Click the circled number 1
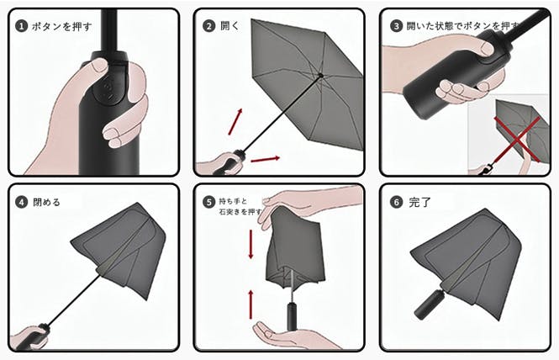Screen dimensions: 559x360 click(x=21, y=26)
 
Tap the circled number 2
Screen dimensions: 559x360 click(x=209, y=26)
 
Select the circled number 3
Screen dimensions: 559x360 click(x=396, y=26)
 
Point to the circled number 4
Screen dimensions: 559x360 click(x=21, y=203)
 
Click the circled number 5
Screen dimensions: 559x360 click(x=209, y=203)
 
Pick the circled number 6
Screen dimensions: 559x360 click(x=396, y=203)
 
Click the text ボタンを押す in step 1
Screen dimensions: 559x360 click(x=61, y=26)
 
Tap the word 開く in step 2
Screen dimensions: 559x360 click(x=230, y=26)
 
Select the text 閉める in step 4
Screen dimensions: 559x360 click(x=47, y=203)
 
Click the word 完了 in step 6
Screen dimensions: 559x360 click(x=419, y=203)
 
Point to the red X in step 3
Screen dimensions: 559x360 click(x=517, y=139)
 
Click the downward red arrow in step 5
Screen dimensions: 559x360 click(x=251, y=245)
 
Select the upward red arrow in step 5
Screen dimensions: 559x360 click(x=251, y=304)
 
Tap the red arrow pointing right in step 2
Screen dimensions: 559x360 click(x=266, y=159)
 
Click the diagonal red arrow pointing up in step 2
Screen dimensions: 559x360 click(x=235, y=122)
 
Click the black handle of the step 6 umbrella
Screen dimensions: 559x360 click(x=428, y=304)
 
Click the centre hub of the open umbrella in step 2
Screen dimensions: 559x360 click(x=320, y=76)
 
